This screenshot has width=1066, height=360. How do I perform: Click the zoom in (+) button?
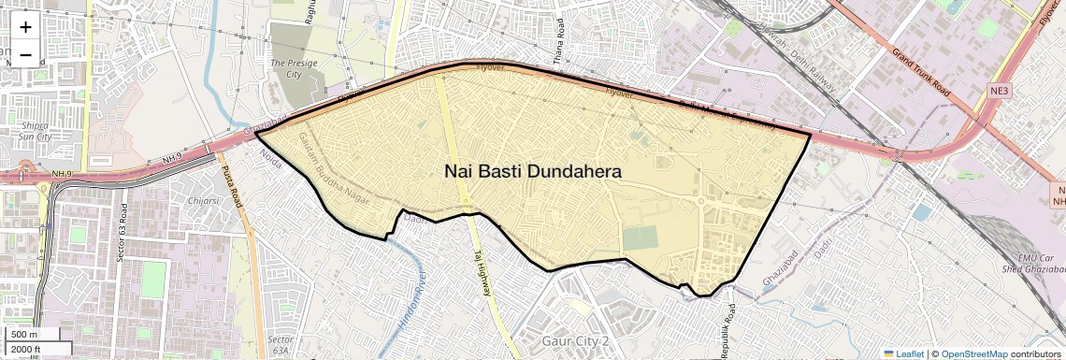pos(25,28)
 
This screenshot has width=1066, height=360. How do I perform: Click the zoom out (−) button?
pos(25,54)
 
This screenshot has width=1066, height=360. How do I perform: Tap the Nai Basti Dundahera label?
pos(532,172)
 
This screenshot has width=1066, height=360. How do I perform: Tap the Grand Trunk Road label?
pos(920,73)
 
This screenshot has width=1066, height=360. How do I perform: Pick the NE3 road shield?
pos(1001,91)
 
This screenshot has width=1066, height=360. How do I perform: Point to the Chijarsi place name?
pos(203,199)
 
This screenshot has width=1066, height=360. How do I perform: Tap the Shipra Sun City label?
pos(36,130)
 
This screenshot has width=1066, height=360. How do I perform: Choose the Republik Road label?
pos(725,328)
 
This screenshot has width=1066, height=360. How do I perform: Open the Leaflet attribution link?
pos(904,353)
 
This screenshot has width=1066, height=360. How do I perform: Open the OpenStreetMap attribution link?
pos(973,353)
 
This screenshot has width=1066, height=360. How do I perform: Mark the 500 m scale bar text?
pos(25,335)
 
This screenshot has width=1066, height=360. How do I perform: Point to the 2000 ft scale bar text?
pos(27,349)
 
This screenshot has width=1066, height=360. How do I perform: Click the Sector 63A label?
pos(280,344)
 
